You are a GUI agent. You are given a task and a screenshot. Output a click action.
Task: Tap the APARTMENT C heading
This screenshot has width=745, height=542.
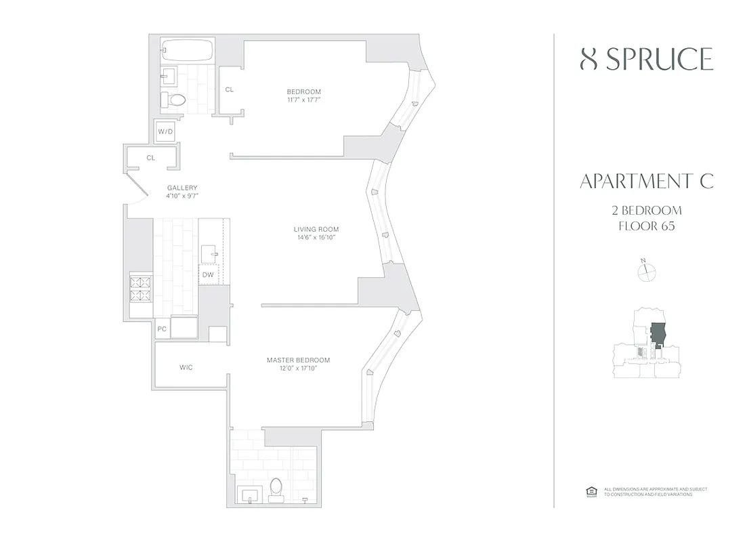point(647,182)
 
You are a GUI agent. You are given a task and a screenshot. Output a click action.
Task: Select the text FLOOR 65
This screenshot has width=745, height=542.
point(647,226)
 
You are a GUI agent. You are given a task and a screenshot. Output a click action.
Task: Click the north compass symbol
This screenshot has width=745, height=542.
point(647,271)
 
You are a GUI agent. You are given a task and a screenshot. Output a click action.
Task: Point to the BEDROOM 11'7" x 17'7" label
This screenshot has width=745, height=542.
point(303,96)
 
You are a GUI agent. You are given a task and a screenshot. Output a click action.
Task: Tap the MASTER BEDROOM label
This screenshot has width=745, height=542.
point(298,364)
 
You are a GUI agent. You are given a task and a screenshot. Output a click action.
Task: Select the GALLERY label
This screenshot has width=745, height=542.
point(182,192)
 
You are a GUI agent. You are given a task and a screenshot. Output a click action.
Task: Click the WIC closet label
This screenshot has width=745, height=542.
point(186,367)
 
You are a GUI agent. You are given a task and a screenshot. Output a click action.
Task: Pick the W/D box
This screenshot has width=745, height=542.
point(165,131)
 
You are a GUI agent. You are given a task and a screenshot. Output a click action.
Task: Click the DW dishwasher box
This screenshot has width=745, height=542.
point(207,274)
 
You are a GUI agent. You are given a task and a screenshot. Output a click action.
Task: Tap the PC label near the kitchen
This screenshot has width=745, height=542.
point(162,329)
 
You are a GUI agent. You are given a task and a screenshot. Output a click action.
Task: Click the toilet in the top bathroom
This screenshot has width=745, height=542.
point(177,100)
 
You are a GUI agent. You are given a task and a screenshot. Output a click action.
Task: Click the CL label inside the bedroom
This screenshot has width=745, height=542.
point(230,89)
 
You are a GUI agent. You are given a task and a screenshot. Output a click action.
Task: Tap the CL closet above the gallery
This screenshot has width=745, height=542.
point(150,158)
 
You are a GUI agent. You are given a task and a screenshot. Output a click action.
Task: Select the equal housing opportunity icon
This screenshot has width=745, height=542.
point(590,492)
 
